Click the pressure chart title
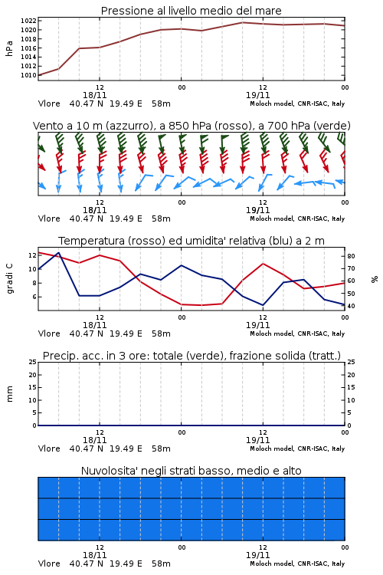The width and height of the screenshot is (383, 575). click(191, 11)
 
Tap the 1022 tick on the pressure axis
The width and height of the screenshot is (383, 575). click(28, 21)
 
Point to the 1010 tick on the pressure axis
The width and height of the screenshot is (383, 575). click(28, 75)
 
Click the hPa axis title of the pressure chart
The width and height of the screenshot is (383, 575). click(9, 48)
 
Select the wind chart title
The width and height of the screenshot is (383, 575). click(191, 126)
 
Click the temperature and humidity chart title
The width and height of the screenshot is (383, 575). click(191, 241)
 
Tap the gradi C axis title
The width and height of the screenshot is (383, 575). click(9, 278)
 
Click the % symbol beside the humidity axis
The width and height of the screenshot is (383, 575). click(375, 279)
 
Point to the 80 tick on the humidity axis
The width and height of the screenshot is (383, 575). click(351, 256)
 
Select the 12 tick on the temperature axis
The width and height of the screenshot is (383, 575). click(32, 255)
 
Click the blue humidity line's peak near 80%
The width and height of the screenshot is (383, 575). click(59, 252)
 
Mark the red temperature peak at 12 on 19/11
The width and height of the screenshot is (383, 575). click(263, 263)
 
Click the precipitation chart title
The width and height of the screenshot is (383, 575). click(191, 356)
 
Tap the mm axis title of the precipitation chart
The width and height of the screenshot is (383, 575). click(9, 394)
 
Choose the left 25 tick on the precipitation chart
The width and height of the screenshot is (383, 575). click(33, 362)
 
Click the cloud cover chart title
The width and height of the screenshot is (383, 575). click(191, 471)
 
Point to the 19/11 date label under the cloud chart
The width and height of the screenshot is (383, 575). click(257, 555)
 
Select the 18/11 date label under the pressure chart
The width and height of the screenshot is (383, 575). click(94, 95)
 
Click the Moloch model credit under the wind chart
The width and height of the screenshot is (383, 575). click(297, 219)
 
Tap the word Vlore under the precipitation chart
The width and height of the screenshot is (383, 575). click(49, 449)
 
